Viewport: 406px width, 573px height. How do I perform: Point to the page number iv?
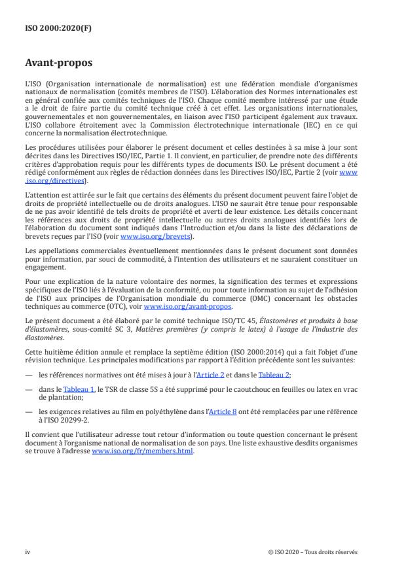click(x=28, y=552)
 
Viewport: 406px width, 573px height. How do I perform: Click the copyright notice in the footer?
click(x=313, y=552)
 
